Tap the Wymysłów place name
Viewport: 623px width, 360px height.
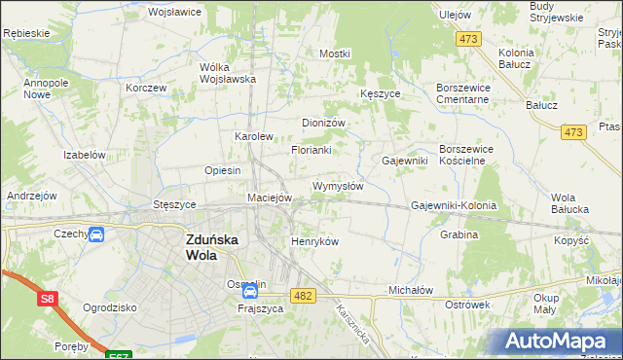pyautogui.click(x=338, y=186)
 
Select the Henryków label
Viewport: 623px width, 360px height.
pyautogui.click(x=314, y=241)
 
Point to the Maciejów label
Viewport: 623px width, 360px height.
pyautogui.click(x=270, y=198)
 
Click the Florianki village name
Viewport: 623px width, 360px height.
pyautogui.click(x=311, y=151)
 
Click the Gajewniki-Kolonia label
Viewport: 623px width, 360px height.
pyautogui.click(x=454, y=206)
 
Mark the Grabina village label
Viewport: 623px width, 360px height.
pyautogui.click(x=458, y=234)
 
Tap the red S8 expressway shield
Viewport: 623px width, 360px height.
pyautogui.click(x=48, y=301)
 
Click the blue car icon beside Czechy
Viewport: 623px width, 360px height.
pyautogui.click(x=96, y=234)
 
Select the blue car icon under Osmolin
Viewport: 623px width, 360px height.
pyautogui.click(x=250, y=290)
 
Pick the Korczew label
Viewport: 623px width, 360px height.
pyautogui.click(x=146, y=87)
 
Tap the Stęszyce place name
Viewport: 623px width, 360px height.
pyautogui.click(x=175, y=205)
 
